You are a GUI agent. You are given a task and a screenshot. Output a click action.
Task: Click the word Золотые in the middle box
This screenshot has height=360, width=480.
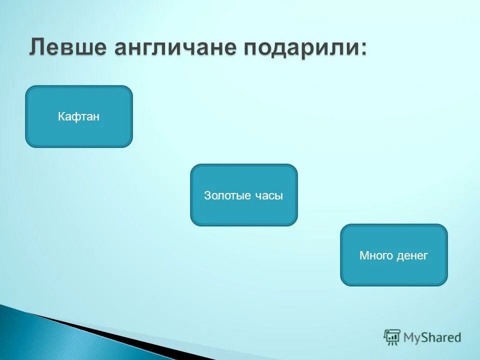click(x=227, y=195)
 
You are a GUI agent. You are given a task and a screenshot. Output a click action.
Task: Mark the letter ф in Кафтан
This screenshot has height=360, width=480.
click(x=76, y=117)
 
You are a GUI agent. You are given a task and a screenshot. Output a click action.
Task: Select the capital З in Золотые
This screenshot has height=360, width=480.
click(x=207, y=195)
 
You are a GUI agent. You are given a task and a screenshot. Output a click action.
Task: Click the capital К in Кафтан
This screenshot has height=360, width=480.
click(x=61, y=117)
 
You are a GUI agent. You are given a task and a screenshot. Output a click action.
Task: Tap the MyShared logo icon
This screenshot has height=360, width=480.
click(x=392, y=336)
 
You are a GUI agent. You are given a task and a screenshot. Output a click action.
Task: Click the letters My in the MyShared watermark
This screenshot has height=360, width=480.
click(x=412, y=337)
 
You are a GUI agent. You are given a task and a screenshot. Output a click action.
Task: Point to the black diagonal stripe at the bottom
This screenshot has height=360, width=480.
click(x=125, y=340)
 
